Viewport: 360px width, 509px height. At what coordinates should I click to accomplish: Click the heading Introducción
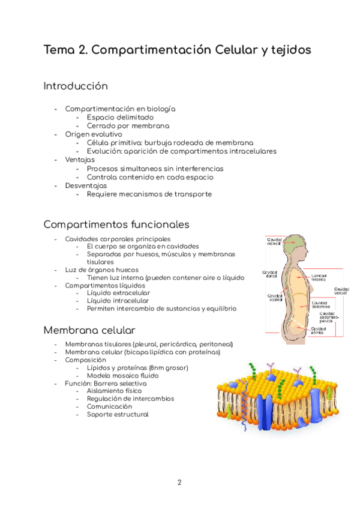[x=76, y=86]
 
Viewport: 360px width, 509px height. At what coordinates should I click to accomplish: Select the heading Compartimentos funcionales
[x=116, y=224]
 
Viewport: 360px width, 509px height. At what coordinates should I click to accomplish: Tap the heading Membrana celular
[x=89, y=331]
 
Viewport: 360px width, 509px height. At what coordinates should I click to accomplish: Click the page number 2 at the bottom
[x=179, y=482]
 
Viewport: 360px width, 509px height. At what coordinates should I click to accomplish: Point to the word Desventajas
[x=86, y=185]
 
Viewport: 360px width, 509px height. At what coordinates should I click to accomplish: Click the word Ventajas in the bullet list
[x=80, y=160]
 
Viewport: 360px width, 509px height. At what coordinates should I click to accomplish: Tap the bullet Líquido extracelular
[x=118, y=292]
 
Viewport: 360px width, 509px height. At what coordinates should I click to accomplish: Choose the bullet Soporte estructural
[x=118, y=414]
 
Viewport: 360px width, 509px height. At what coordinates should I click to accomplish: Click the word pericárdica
[x=173, y=344]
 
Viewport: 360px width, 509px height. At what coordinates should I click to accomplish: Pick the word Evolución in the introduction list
[x=104, y=152]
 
